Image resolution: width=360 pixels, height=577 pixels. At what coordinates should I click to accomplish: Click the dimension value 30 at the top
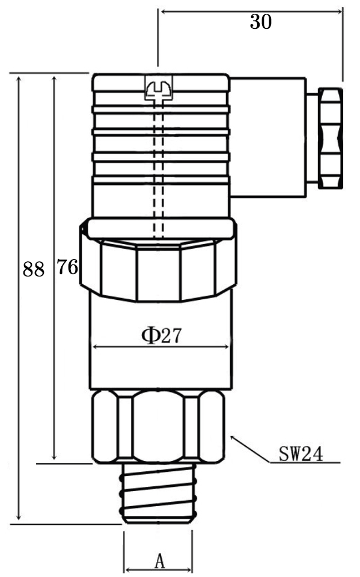(x=260, y=22)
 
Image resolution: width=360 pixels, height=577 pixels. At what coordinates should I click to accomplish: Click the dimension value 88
(x=34, y=269)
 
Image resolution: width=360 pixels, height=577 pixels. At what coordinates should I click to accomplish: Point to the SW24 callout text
(x=301, y=454)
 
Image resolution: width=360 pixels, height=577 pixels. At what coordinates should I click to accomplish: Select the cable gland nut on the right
(x=331, y=138)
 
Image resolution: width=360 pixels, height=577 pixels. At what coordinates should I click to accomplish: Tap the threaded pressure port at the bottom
(x=159, y=493)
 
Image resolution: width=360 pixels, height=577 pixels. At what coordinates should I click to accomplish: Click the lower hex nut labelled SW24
(x=158, y=426)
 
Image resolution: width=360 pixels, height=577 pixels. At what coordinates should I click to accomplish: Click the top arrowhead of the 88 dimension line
(x=20, y=78)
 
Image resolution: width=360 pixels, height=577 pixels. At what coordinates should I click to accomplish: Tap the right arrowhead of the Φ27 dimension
(x=228, y=347)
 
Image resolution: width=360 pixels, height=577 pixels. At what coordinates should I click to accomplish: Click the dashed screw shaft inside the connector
(x=159, y=168)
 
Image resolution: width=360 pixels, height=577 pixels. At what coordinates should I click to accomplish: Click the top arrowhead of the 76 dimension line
(x=55, y=78)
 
